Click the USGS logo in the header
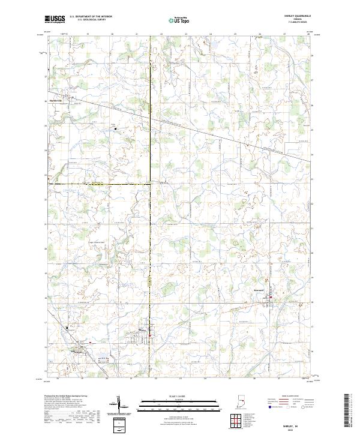[x=56, y=20]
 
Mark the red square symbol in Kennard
[x=270, y=298]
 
